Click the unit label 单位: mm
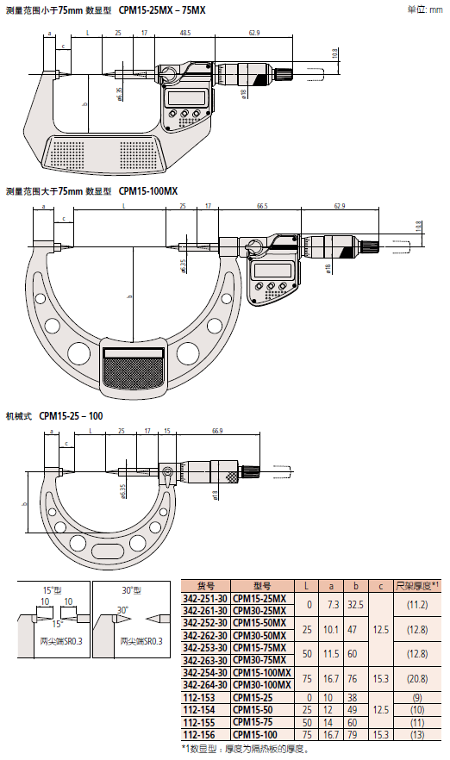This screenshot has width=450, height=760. [x=424, y=9]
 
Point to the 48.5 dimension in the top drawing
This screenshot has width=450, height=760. [x=184, y=34]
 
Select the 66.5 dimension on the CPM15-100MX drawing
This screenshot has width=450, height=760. [x=261, y=207]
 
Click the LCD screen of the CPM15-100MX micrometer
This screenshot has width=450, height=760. [x=271, y=271]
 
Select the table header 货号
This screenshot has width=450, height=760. [x=205, y=584]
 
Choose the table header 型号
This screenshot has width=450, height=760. [x=262, y=584]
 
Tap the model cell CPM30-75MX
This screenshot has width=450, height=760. [x=262, y=659]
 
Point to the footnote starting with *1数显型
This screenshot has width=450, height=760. [x=246, y=749]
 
